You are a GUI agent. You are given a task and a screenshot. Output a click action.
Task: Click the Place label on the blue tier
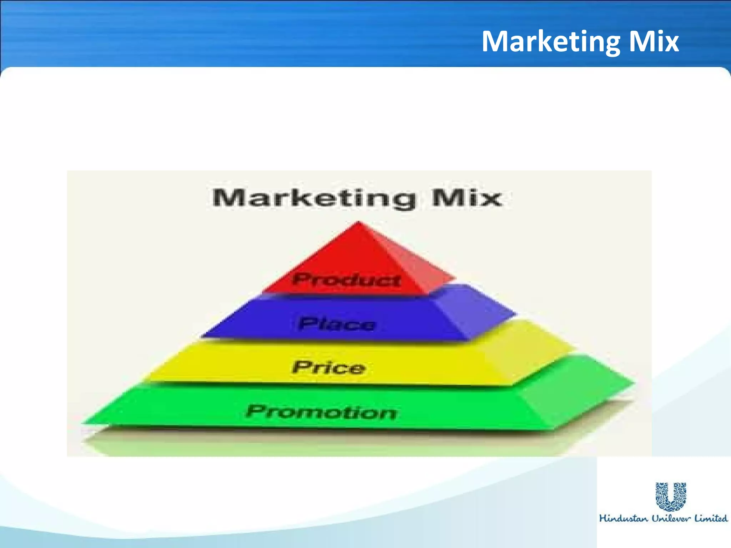[337, 324]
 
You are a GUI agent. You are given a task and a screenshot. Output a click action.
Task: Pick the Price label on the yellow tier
[329, 367]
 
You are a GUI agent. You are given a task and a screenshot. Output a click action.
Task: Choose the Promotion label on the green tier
[321, 412]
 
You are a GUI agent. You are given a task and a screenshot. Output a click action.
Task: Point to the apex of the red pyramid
[359, 223]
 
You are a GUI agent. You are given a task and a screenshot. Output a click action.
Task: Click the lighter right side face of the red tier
[407, 264]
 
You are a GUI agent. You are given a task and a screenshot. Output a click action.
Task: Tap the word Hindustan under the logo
[623, 518]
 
